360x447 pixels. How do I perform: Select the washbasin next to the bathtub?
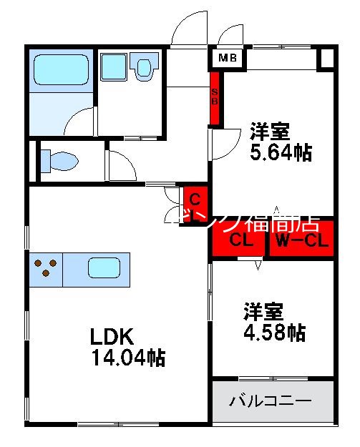tap(115, 68)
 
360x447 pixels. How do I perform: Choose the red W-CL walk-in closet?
tap(302, 241)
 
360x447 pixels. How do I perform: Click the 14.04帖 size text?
tap(129, 358)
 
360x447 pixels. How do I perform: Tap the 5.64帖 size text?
tap(281, 152)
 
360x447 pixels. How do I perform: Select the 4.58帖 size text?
tap(275, 332)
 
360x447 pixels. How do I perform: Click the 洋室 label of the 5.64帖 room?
tap(270, 132)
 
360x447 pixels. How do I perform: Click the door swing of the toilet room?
tap(122, 167)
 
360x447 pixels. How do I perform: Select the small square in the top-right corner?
tap(326, 58)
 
